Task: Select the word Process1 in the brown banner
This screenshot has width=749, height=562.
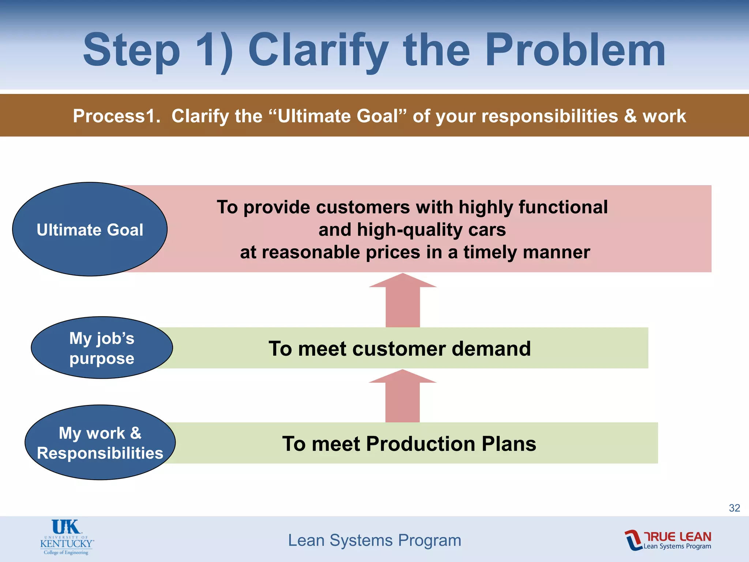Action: pyautogui.click(x=116, y=116)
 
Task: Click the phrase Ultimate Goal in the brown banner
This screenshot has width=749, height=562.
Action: pyautogui.click(x=338, y=116)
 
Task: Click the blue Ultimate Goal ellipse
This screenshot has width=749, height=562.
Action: pyautogui.click(x=90, y=229)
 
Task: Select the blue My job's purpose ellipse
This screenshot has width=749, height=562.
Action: pyautogui.click(x=102, y=348)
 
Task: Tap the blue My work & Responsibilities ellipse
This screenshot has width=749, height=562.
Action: pyautogui.click(x=100, y=442)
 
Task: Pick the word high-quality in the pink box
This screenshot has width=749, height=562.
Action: pyautogui.click(x=410, y=230)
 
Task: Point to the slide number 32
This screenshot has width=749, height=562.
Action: pyautogui.click(x=734, y=508)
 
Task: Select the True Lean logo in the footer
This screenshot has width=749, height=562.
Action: pyautogui.click(x=668, y=540)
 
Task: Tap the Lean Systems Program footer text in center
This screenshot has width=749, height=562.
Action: pyautogui.click(x=374, y=540)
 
